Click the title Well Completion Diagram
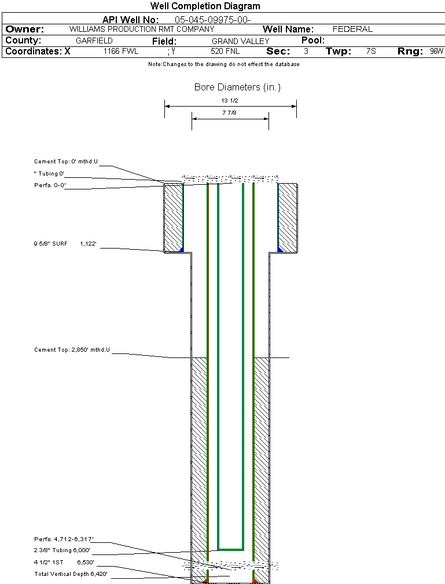205,6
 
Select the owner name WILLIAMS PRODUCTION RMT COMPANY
142,29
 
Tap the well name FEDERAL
352,29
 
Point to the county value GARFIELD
94,41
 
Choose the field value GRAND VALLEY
241,41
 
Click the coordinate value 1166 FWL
121,52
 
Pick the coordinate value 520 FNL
225,52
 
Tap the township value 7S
371,52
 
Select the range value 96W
436,52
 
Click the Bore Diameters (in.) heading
237,87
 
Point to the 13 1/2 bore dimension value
230,100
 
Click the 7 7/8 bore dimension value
230,113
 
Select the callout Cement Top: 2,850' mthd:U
72,350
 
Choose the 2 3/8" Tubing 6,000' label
62,550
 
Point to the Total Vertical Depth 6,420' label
71,574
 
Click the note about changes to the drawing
223,64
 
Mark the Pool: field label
313,41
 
